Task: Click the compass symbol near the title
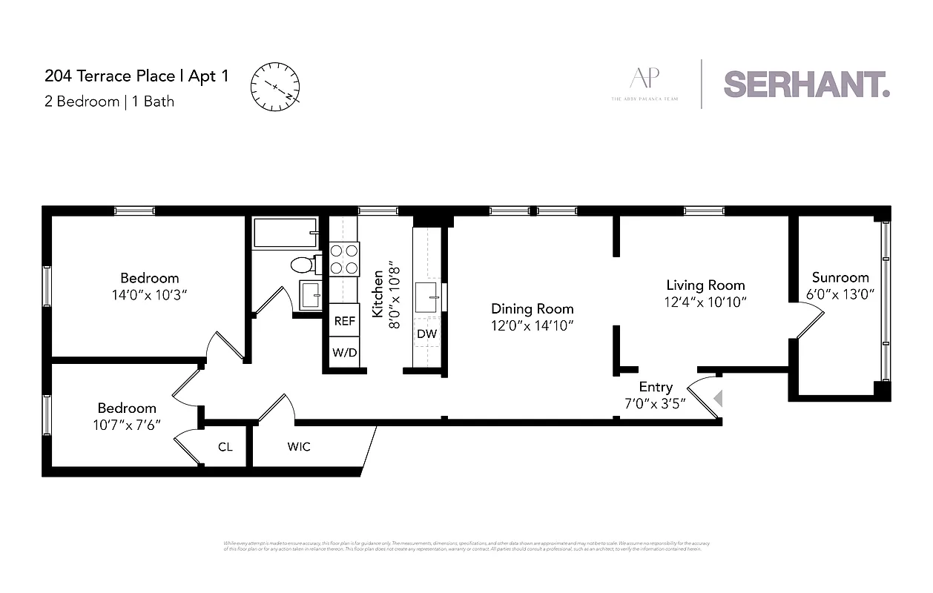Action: [x=275, y=87]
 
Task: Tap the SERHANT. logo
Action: [x=806, y=84]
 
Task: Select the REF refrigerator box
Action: [x=345, y=321]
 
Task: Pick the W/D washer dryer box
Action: [x=345, y=353]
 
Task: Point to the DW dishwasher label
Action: [x=426, y=334]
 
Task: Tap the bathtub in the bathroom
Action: [x=285, y=232]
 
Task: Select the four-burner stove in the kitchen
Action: [x=345, y=259]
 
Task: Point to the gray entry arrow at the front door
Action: [x=717, y=400]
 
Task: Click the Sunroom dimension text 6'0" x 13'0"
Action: [x=840, y=294]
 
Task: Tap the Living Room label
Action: [x=705, y=285]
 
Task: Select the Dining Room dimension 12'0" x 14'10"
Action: [x=533, y=325]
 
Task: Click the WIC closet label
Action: [x=299, y=447]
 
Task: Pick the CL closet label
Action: [x=225, y=447]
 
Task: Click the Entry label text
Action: [x=656, y=387]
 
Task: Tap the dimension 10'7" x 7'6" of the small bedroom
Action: [x=128, y=424]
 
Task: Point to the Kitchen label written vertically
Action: [x=378, y=294]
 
